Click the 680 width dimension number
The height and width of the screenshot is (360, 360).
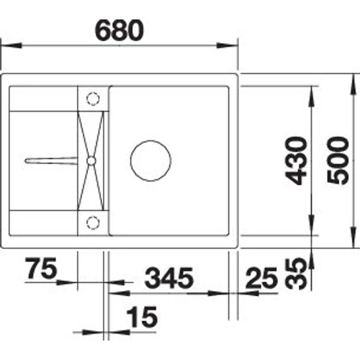[120, 30]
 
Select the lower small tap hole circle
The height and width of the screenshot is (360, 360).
[91, 220]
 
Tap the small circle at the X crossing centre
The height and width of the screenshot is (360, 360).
[91, 159]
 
